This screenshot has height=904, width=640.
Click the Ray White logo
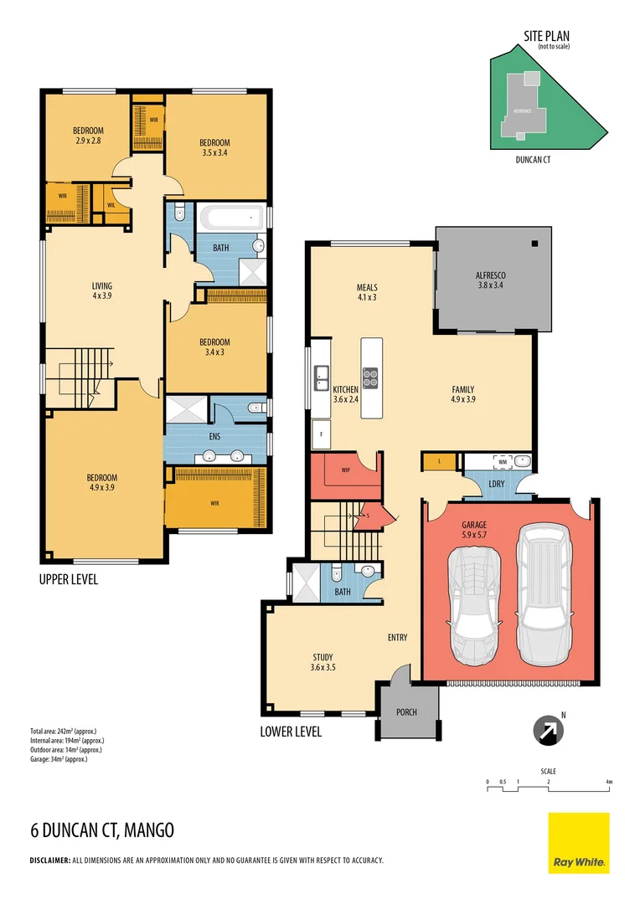579,843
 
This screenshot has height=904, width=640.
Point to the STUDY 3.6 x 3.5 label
323,662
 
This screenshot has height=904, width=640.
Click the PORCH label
405,712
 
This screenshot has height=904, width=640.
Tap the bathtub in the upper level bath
230,219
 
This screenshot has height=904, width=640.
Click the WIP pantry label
346,470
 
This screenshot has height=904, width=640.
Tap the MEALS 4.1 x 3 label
367,291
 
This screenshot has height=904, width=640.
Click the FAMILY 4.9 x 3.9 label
463,394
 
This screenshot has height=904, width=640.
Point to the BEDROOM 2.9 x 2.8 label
87,135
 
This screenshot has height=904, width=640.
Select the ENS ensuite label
215,437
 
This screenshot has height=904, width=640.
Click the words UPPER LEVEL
68,579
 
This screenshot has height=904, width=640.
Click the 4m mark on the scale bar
610,782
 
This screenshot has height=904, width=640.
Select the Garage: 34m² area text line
58,759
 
